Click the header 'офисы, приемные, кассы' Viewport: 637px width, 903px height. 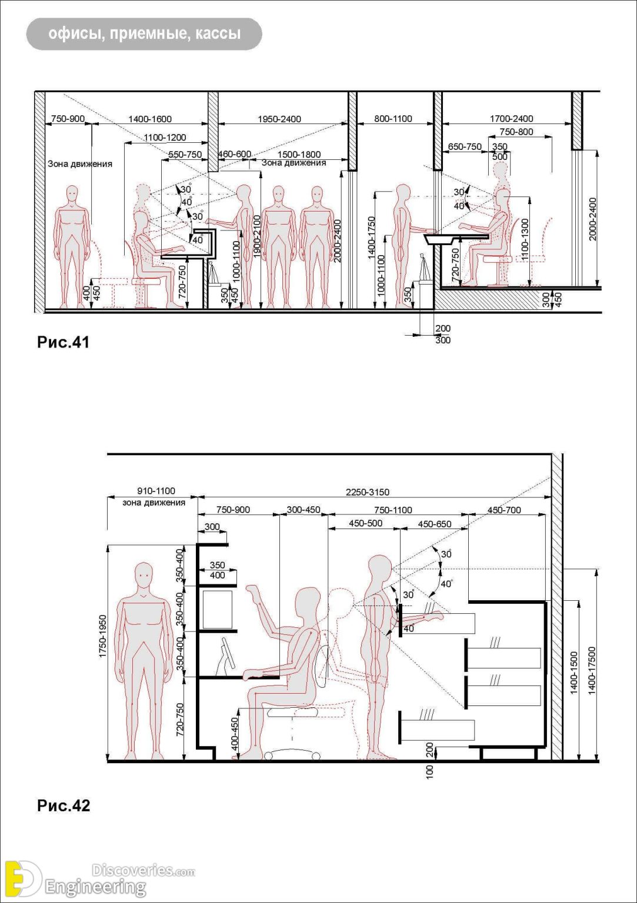144,34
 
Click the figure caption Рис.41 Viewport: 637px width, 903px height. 64,342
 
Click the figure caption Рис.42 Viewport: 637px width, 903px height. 64,805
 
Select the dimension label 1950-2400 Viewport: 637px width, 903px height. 279,119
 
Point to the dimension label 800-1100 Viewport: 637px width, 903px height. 393,119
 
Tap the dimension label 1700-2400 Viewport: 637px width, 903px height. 511,119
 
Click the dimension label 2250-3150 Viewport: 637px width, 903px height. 367,492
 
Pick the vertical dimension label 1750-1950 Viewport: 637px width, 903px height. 103,636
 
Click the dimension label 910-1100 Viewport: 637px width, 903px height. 156,491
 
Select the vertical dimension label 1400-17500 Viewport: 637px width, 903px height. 592,670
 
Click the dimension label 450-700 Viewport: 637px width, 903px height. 504,510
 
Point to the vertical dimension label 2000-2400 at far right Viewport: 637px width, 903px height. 592,219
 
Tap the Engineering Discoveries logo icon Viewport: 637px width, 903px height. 22,879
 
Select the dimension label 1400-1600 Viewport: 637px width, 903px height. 150,119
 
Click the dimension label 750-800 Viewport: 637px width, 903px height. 516,132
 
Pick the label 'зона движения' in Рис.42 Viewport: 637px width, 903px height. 154,503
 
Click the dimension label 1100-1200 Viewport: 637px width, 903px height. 165,137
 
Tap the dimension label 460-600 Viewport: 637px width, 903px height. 235,154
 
